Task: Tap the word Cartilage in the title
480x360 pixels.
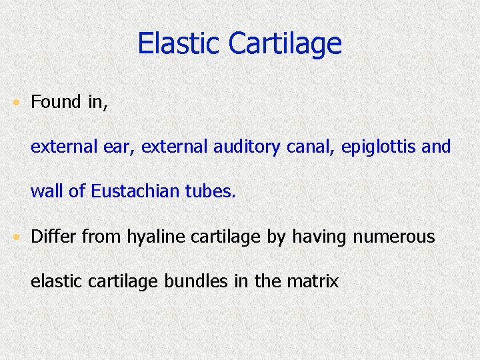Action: (x=285, y=44)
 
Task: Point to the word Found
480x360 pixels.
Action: (x=56, y=102)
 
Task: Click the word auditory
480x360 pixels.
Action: (x=247, y=147)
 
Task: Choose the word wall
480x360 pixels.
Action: (x=46, y=192)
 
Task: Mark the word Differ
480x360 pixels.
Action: (x=52, y=237)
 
